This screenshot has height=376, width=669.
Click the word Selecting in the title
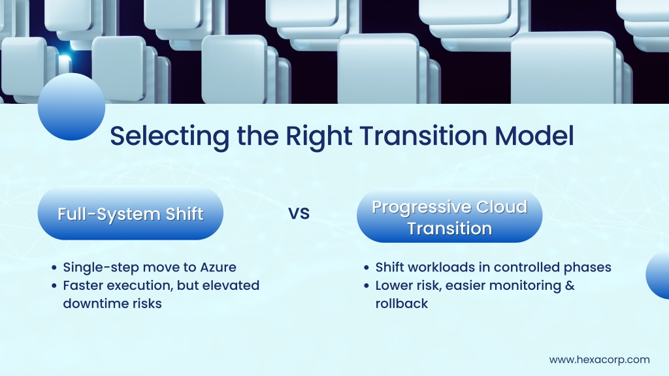click(x=169, y=137)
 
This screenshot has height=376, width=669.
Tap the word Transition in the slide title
click(x=423, y=136)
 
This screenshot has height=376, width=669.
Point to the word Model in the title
click(x=534, y=136)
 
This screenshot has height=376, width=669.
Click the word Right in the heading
click(x=318, y=137)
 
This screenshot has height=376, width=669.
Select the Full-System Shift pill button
click(x=131, y=213)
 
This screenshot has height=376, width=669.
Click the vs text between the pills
click(x=299, y=213)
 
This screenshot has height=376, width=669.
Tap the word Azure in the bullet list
click(x=218, y=267)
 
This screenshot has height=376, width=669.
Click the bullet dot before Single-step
click(x=54, y=268)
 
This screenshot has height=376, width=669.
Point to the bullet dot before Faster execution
click(x=54, y=286)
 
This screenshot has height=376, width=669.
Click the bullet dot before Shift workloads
click(x=366, y=268)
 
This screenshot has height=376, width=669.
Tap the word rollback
click(x=402, y=304)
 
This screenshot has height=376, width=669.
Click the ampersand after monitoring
click(x=570, y=285)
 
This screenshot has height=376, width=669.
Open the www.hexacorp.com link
click(x=600, y=360)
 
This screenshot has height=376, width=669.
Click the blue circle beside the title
click(x=71, y=106)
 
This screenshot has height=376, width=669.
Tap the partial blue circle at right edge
click(x=659, y=275)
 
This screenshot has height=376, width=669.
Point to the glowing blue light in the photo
click(x=65, y=59)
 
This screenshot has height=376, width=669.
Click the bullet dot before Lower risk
click(x=366, y=286)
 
